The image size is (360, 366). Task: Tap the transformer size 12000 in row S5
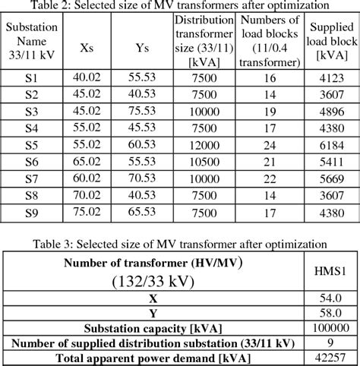[x=203, y=145]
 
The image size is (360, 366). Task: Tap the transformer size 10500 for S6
[x=203, y=162]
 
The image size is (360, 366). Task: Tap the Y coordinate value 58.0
[x=330, y=313]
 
